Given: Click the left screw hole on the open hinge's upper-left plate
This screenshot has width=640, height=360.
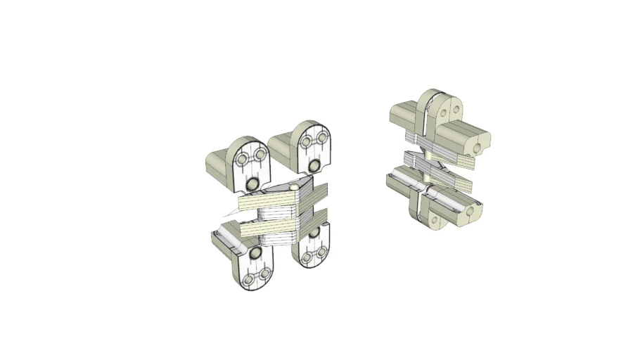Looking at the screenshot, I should (242, 160).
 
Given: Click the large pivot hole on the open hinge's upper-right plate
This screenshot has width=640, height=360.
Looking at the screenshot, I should (314, 166).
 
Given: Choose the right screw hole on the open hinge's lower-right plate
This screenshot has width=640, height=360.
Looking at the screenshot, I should (322, 251).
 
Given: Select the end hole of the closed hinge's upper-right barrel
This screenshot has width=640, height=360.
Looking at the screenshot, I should (480, 147).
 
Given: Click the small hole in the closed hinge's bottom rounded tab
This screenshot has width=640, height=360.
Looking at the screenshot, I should (434, 221).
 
